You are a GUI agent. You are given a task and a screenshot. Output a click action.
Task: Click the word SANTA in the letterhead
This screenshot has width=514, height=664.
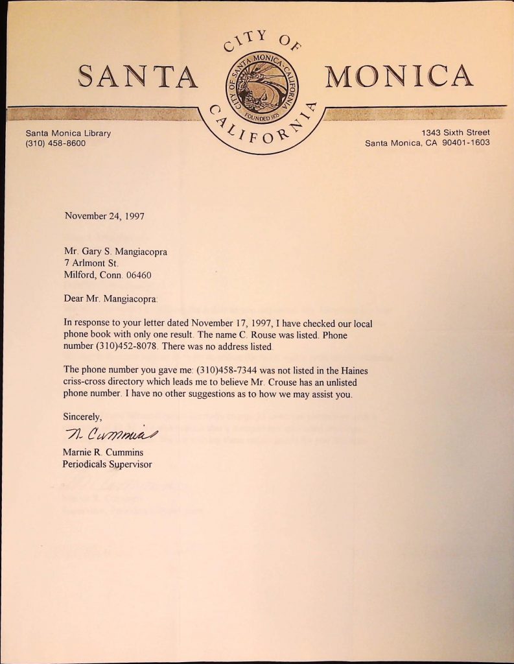[x=137, y=77]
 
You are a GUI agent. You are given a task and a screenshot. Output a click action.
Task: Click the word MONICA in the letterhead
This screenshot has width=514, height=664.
[x=399, y=76]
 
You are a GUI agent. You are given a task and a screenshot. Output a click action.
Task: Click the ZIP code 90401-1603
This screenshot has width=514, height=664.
[x=465, y=143]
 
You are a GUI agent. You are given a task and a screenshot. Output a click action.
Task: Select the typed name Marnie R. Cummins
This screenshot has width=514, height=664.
[x=102, y=452]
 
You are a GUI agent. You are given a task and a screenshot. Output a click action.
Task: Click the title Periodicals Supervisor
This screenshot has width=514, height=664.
[x=107, y=464]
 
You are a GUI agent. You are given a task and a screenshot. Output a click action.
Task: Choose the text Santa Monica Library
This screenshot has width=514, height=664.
[x=68, y=133]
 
